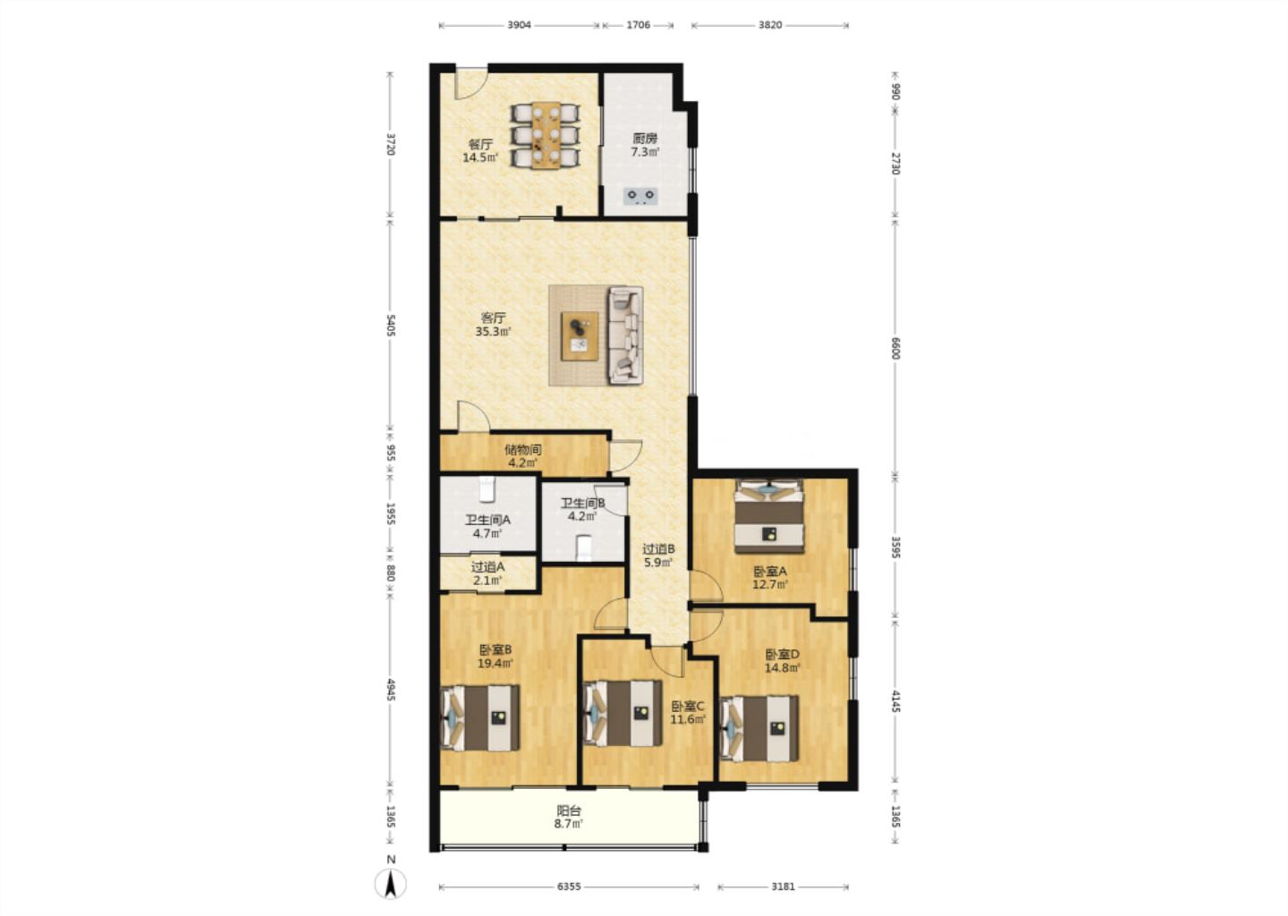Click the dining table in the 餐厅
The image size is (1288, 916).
[x=546, y=136]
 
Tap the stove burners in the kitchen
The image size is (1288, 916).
[x=641, y=196]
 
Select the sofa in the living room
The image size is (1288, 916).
[x=625, y=335]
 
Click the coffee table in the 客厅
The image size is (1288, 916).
[x=580, y=336]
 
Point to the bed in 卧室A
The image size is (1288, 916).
[x=769, y=517]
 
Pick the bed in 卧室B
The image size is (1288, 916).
[x=480, y=717]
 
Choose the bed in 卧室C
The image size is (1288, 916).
[x=623, y=714]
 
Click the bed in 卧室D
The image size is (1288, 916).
[x=759, y=728]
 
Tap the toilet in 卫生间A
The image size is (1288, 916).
[x=487, y=488]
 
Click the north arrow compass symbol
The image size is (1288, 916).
[x=391, y=883]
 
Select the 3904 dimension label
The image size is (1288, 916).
[x=519, y=25]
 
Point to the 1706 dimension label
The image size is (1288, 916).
[x=639, y=25]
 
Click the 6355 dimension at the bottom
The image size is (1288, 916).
[x=569, y=886]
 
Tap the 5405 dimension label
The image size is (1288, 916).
[x=391, y=325]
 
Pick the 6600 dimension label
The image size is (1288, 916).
[x=895, y=348]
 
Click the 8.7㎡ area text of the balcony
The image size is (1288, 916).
[x=569, y=824]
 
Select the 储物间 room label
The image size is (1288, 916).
[x=522, y=449]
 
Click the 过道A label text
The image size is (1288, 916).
[x=487, y=567]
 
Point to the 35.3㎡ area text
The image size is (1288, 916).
[x=493, y=331]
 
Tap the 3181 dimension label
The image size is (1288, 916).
[x=784, y=886]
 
